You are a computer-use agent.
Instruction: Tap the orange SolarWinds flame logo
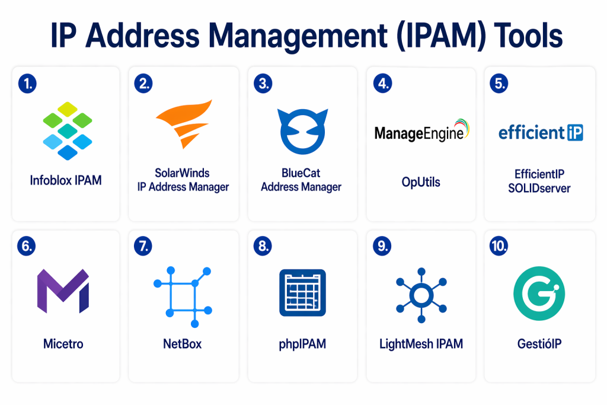pyautogui.click(x=183, y=124)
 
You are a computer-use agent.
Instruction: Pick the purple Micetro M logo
pyautogui.click(x=63, y=291)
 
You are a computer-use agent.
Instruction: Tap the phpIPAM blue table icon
pyautogui.click(x=302, y=294)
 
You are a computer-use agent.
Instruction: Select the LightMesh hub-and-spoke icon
pyautogui.click(x=420, y=295)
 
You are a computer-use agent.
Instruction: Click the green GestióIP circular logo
pyautogui.click(x=539, y=293)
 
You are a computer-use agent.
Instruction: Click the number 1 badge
pyautogui.click(x=27, y=84)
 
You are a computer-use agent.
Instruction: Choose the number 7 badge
pyautogui.click(x=145, y=246)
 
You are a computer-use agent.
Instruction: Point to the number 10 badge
pyautogui.click(x=499, y=246)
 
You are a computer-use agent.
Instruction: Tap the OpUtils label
pyautogui.click(x=421, y=182)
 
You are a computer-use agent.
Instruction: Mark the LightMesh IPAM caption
pyautogui.click(x=421, y=343)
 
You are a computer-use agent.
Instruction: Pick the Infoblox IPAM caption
pyautogui.click(x=66, y=180)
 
